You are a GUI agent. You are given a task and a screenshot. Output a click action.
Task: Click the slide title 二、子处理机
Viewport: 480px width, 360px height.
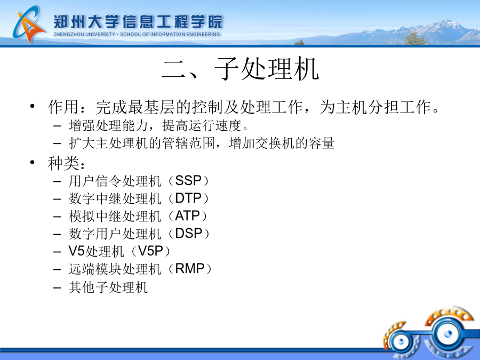[241, 69]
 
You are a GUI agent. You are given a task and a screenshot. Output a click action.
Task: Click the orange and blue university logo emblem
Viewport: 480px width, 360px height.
[29, 25]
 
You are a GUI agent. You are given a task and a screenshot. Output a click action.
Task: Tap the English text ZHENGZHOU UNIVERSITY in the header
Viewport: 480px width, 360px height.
[84, 34]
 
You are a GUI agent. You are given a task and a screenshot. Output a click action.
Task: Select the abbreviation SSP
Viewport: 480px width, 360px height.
[188, 181]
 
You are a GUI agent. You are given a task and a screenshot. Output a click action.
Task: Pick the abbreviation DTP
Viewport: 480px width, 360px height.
[188, 198]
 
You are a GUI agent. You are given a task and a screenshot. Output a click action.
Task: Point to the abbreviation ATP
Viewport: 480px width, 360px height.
[187, 216]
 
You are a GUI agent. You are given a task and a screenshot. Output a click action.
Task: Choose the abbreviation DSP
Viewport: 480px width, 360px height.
[189, 234]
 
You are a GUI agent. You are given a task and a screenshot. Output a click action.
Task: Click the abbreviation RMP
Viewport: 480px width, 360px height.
[190, 269]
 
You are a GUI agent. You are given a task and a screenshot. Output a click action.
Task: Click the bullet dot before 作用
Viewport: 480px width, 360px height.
[33, 106]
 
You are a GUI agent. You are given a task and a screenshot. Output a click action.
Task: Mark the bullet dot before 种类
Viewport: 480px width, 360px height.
[33, 162]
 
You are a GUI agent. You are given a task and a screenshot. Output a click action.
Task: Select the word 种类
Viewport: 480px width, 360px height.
[63, 163]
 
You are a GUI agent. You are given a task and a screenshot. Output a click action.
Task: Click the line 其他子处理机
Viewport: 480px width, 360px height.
[108, 287]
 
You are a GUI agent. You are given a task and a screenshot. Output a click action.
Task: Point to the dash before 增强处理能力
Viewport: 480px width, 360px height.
[57, 125]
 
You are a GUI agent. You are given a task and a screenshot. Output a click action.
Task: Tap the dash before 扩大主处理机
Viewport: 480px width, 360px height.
[57, 143]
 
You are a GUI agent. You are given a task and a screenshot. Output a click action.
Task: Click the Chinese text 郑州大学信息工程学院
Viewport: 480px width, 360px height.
[138, 21]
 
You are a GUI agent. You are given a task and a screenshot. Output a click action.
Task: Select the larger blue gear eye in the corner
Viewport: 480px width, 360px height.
[448, 333]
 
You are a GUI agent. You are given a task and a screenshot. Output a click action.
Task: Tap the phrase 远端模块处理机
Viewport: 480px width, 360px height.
[115, 269]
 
